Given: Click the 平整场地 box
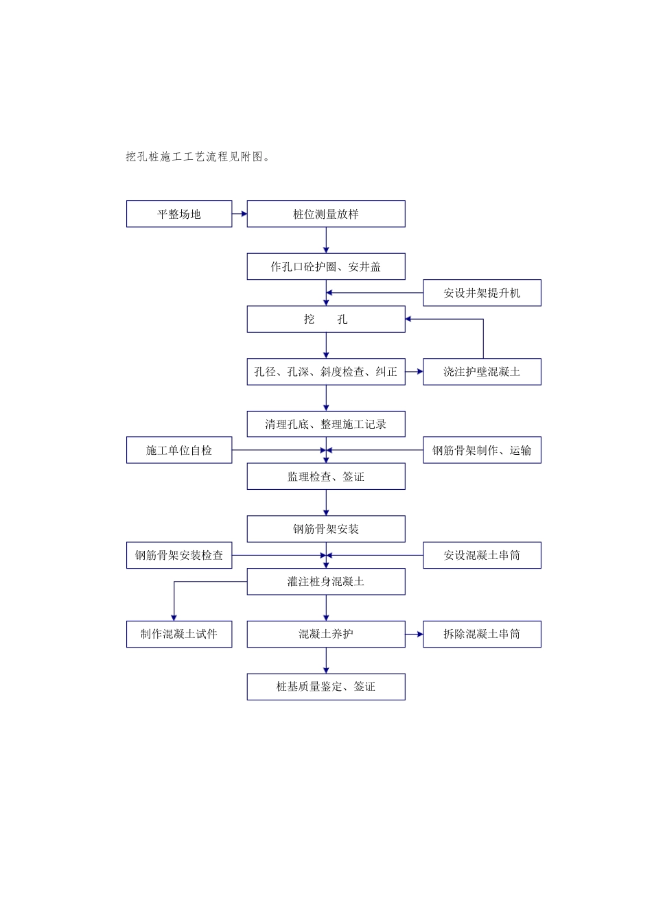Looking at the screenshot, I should (x=179, y=214).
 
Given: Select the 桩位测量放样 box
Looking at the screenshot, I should (x=326, y=214).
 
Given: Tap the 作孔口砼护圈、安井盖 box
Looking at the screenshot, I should (x=326, y=267).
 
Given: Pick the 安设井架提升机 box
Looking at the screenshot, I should (x=482, y=293).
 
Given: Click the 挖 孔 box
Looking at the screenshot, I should (x=326, y=319).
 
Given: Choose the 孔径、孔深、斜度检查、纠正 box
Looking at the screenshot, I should (x=326, y=372).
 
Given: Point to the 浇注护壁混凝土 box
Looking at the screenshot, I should (x=482, y=372).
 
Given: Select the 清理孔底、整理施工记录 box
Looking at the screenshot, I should (x=326, y=424).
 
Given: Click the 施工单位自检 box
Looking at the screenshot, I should (x=179, y=450).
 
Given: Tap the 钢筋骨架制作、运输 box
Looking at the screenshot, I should (x=482, y=450).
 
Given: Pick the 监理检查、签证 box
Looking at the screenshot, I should (x=326, y=477).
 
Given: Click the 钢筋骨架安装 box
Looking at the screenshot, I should (x=326, y=529).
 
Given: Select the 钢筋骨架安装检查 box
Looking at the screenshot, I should (x=179, y=555).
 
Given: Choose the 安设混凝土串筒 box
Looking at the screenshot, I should (x=482, y=555).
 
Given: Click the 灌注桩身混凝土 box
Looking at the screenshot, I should (x=326, y=582).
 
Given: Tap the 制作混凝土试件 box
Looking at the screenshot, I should (x=179, y=634).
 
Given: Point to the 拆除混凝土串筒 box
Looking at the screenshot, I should (x=482, y=634).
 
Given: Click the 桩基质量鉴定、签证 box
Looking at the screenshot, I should (x=326, y=687).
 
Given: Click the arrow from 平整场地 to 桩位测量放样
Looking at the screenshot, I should (x=240, y=214).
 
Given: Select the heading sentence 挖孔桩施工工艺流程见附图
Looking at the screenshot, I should (x=198, y=157).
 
